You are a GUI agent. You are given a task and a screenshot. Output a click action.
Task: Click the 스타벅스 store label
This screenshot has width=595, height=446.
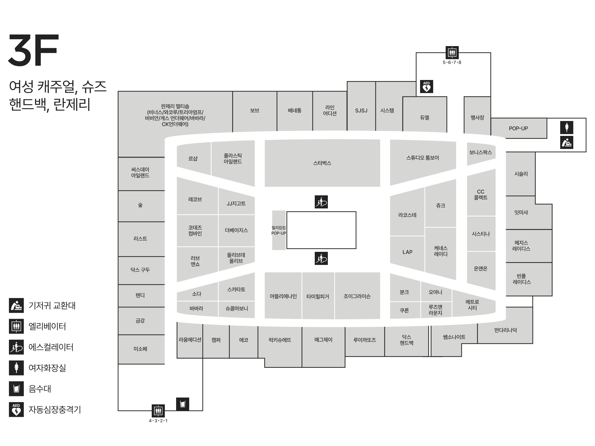322,163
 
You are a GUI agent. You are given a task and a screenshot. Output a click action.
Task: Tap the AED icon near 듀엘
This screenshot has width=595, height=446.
426,87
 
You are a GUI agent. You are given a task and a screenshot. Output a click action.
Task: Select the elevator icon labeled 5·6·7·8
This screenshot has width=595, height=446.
452,53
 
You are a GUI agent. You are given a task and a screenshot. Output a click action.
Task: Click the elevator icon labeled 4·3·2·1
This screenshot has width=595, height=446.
158,411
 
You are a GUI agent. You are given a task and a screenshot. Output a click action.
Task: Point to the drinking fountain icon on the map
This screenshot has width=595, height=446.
183,404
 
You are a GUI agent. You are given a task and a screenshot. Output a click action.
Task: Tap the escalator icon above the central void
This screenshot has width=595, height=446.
321,202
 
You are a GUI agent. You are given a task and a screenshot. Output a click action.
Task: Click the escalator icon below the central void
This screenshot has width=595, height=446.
321,258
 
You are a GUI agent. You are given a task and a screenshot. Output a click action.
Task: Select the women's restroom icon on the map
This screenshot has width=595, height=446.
567,128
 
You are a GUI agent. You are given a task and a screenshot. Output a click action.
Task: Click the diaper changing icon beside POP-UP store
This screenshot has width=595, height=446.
567,142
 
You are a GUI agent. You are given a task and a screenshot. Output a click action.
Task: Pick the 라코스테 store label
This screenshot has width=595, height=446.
407,215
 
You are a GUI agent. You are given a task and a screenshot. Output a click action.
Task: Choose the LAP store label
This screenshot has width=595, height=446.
407,252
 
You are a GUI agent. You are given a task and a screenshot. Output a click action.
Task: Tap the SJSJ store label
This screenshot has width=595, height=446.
361,111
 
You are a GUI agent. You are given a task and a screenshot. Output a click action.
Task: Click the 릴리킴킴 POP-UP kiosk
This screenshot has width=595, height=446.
279,230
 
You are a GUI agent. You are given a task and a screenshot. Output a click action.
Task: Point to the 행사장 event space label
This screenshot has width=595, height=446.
477,118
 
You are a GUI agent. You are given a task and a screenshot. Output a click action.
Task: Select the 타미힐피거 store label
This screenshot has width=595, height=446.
318,296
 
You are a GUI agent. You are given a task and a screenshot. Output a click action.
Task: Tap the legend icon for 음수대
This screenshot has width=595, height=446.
16,389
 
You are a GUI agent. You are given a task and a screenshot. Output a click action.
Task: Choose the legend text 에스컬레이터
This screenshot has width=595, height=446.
51,347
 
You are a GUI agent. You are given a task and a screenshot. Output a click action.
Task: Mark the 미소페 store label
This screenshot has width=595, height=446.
140,349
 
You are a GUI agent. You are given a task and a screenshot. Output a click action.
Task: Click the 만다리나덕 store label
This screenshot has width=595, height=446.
505,330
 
